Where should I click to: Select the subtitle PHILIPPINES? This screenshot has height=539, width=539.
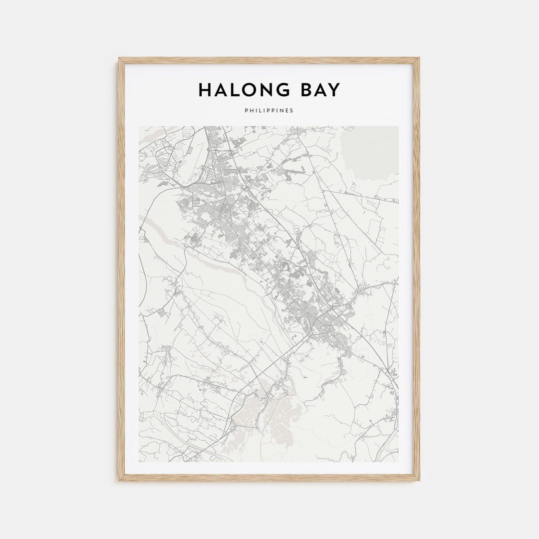tap(269, 110)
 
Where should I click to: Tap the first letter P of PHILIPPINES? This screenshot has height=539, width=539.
tap(247, 110)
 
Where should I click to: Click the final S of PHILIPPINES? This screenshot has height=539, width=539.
tap(292, 110)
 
